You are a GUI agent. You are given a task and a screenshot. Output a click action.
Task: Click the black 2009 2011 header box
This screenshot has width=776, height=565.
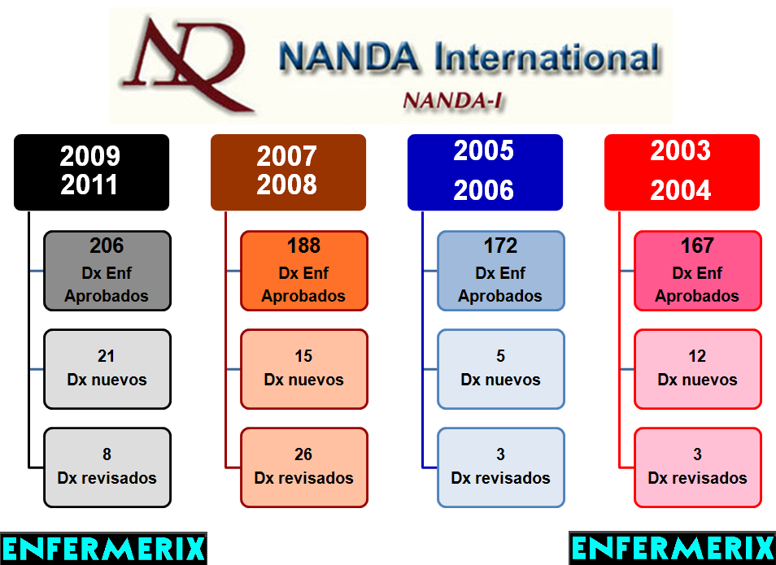(x=91, y=172)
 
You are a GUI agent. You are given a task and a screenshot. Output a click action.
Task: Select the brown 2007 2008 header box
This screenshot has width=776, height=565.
(x=288, y=172)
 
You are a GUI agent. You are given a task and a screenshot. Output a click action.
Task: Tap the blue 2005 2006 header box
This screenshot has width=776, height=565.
(x=485, y=172)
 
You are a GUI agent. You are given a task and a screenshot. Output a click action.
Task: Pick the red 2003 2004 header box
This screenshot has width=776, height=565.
(x=682, y=172)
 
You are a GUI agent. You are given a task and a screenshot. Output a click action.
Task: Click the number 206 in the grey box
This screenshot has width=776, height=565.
(x=107, y=246)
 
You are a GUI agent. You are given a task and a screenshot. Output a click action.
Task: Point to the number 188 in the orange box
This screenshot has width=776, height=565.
(x=303, y=246)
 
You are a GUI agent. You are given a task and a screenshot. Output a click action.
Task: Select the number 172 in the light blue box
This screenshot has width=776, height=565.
(x=500, y=246)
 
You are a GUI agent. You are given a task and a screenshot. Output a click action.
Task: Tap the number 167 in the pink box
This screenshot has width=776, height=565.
(x=697, y=246)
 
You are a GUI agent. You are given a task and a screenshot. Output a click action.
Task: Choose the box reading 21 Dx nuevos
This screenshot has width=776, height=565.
(x=107, y=368)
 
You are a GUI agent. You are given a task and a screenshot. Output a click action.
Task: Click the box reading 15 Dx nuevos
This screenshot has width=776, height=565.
(x=303, y=368)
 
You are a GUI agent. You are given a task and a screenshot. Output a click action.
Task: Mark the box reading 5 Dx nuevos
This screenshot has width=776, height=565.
(x=500, y=368)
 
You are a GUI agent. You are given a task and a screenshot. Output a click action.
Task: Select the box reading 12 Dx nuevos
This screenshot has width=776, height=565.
(x=697, y=368)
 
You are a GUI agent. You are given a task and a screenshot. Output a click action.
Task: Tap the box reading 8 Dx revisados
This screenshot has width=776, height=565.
(x=107, y=467)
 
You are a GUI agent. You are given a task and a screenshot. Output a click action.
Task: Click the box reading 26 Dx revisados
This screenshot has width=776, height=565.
(x=303, y=467)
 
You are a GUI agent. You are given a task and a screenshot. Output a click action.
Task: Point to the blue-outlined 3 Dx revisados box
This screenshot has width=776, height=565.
(x=500, y=467)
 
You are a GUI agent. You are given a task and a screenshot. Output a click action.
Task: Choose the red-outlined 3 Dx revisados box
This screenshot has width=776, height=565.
(x=697, y=467)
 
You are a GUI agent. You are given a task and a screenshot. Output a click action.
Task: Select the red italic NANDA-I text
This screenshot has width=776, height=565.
(x=453, y=100)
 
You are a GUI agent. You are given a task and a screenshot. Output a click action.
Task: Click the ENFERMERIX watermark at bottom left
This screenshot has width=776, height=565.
(x=103, y=548)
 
